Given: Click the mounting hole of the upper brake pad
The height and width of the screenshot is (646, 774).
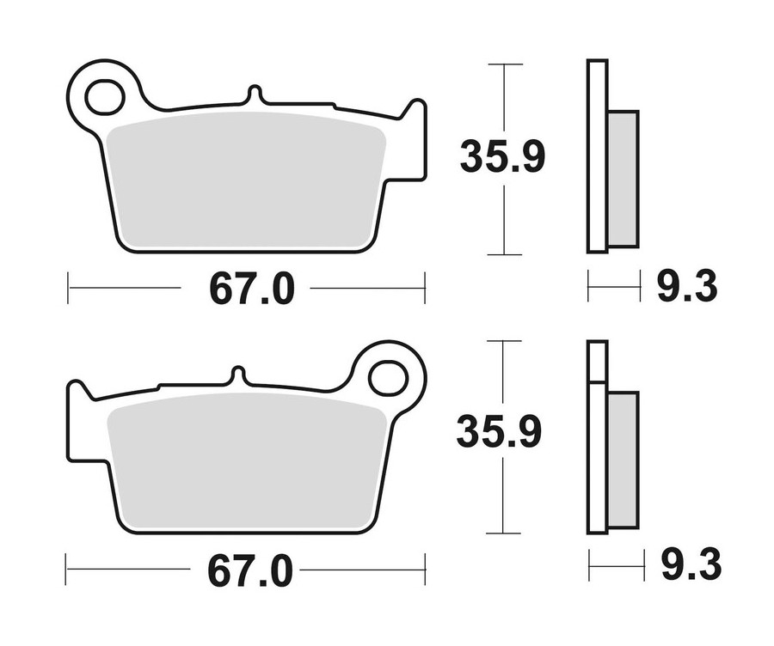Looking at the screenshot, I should click(x=104, y=96).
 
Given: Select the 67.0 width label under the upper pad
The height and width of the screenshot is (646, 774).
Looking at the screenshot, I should click(x=251, y=290).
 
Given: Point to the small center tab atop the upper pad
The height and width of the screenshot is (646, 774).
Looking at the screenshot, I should click(x=252, y=94).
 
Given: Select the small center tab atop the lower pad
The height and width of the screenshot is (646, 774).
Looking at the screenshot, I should click(x=238, y=375).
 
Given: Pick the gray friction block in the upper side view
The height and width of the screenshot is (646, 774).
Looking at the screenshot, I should click(x=623, y=178).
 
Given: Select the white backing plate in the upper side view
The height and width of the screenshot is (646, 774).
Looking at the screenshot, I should click(x=597, y=155).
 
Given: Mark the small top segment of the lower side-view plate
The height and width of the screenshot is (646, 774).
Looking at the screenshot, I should click(x=597, y=360).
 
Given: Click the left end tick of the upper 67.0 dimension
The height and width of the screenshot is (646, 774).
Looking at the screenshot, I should click(x=68, y=289).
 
